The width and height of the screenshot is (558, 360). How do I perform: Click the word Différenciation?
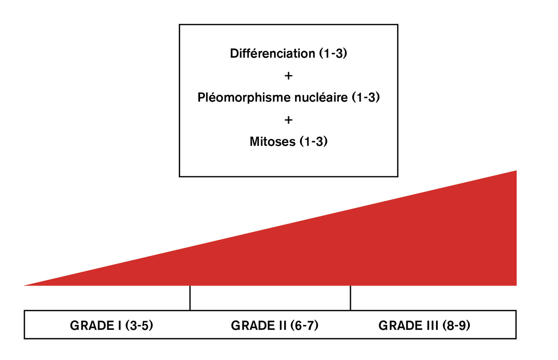[x=272, y=54]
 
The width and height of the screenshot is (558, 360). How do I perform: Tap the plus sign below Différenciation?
[x=288, y=76]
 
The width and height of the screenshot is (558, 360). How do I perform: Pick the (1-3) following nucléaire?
[x=366, y=98]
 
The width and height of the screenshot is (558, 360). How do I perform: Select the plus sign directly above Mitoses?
[x=288, y=119]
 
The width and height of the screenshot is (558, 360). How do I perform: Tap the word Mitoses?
[x=272, y=142]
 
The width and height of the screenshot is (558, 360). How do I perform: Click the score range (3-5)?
[x=138, y=326]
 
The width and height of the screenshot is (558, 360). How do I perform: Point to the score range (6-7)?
[x=303, y=326]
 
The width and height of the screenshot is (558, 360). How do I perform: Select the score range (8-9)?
[x=456, y=326]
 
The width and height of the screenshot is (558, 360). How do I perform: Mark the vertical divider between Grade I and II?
[x=190, y=298]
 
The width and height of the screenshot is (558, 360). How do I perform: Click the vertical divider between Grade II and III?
[x=350, y=298]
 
